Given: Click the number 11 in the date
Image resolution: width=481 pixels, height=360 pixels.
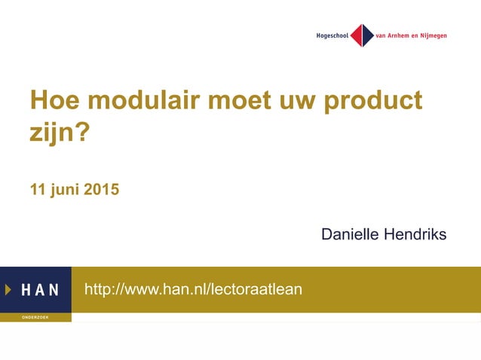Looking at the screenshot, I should [x=37, y=190].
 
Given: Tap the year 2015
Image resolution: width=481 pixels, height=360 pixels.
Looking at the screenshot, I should [x=101, y=190].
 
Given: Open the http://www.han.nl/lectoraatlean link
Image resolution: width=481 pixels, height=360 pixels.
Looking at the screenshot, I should [x=193, y=289].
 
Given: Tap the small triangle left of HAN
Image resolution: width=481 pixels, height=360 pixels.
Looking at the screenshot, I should [x=8, y=289].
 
